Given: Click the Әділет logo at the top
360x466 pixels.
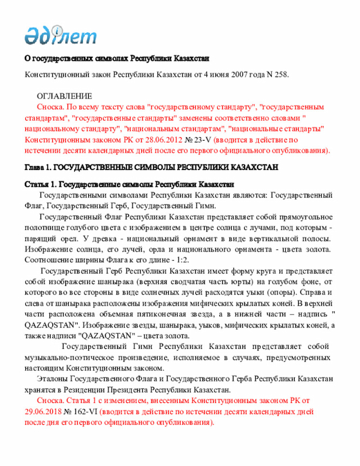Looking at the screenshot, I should [x=60, y=35].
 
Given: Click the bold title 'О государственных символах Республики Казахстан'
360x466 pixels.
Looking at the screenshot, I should [x=116, y=58].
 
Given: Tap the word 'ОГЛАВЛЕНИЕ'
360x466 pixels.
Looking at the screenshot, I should [x=64, y=97].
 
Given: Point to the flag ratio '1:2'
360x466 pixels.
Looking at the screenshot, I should [x=181, y=259].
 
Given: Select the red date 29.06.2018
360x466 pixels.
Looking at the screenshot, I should [x=44, y=411].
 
